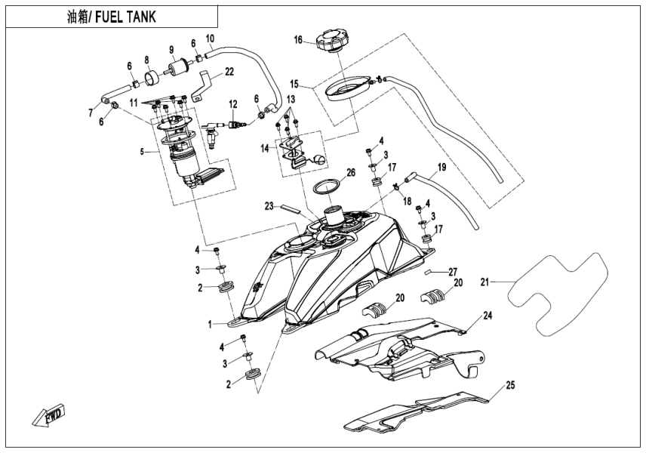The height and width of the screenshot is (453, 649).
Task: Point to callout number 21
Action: point(485,282)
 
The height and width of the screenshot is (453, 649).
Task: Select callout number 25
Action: point(510,386)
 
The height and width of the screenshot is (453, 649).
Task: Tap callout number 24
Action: point(488,315)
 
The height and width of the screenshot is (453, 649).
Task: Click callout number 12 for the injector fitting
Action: point(233,103)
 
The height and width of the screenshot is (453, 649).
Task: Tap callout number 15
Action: point(294,84)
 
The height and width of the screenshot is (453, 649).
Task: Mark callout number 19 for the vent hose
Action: point(442,166)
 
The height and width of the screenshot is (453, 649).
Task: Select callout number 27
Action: point(454,271)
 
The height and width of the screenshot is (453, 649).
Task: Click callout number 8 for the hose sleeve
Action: point(147,60)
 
